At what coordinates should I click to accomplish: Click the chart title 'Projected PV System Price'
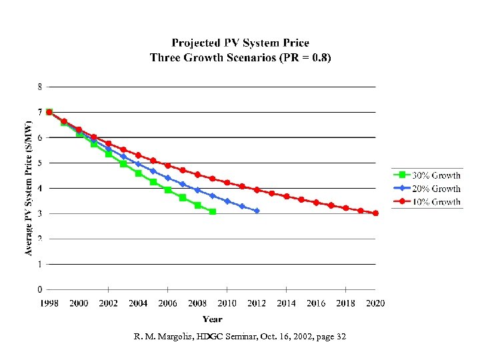click(x=240, y=43)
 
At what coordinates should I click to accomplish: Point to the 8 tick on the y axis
click(x=40, y=87)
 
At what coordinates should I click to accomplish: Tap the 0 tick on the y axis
click(x=40, y=289)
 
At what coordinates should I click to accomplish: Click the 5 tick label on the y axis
click(x=40, y=163)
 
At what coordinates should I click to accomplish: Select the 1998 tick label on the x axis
click(x=49, y=303)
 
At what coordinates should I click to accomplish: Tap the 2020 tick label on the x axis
click(x=375, y=303)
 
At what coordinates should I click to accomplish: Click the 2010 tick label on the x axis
click(x=227, y=303)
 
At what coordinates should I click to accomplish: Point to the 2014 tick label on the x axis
click(x=287, y=303)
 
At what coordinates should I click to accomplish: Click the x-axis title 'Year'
click(x=213, y=319)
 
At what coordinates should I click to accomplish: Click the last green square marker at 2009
click(x=212, y=211)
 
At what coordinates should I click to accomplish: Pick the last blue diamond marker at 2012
click(x=257, y=211)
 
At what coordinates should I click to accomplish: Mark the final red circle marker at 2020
click(x=375, y=213)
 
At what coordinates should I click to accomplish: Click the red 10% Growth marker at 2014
click(x=287, y=197)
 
